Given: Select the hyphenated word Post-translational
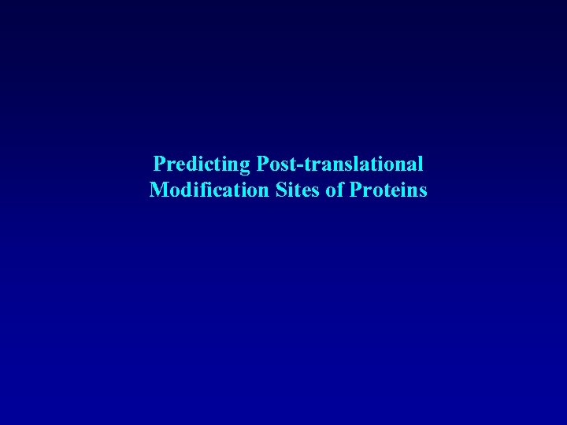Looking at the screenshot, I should click(x=339, y=164).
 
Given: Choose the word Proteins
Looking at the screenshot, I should click(x=388, y=190).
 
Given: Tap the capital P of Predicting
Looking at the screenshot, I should click(x=159, y=164).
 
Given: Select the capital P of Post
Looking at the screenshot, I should click(x=262, y=164).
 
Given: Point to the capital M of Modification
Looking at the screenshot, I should click(x=158, y=190).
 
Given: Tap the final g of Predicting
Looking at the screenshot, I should click(x=246, y=166).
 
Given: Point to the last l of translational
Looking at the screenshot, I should click(x=421, y=164).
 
